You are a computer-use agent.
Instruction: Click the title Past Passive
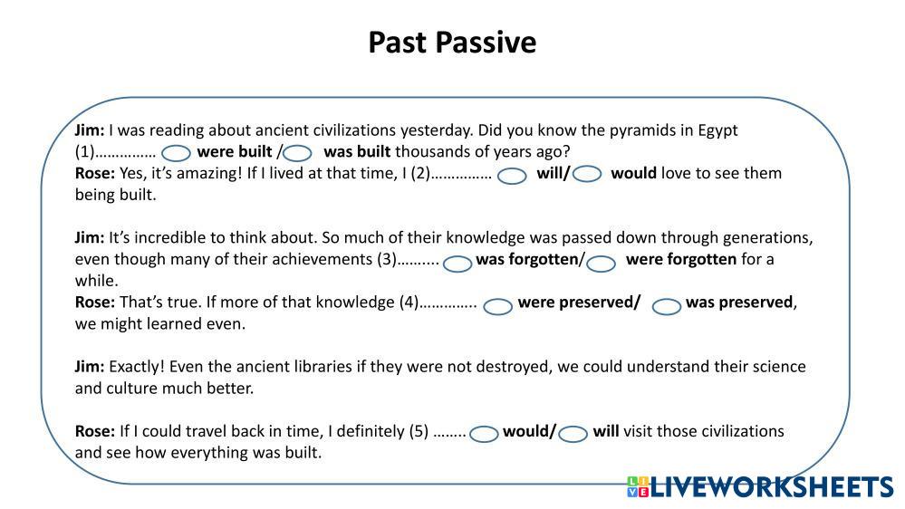click(x=452, y=43)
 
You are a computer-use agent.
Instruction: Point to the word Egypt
click(x=718, y=131)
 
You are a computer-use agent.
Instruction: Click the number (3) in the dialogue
click(x=387, y=259)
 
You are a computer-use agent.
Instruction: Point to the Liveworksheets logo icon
click(x=638, y=486)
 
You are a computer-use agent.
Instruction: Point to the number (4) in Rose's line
click(x=409, y=303)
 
